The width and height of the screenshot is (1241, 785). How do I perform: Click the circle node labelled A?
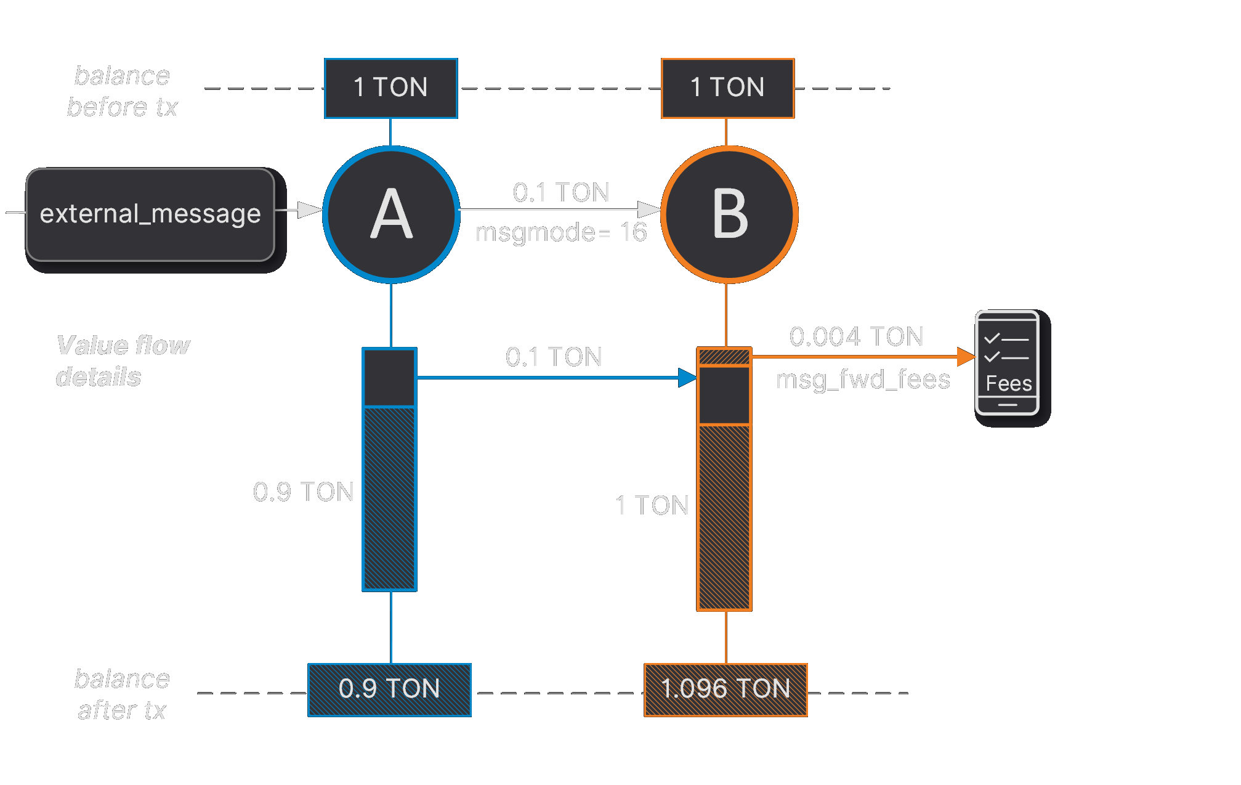pyautogui.click(x=391, y=214)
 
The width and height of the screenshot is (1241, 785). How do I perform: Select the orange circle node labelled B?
pyautogui.click(x=729, y=214)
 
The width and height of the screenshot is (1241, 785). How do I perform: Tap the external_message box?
pyautogui.click(x=150, y=214)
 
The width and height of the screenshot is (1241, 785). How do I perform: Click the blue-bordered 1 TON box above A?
pyautogui.click(x=391, y=88)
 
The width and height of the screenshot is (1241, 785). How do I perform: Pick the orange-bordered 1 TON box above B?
pyautogui.click(x=728, y=88)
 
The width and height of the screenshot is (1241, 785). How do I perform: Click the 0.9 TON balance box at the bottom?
pyautogui.click(x=390, y=690)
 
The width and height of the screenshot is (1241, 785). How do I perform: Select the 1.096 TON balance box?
pyautogui.click(x=726, y=690)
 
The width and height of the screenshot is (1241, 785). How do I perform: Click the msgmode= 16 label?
pyautogui.click(x=561, y=232)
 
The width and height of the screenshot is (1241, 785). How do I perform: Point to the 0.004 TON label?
pyautogui.click(x=856, y=336)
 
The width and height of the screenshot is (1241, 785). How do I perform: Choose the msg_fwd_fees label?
pyautogui.click(x=863, y=380)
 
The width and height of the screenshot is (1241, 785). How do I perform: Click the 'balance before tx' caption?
pyautogui.click(x=123, y=91)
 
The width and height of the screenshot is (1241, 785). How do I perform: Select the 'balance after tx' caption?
pyautogui.click(x=122, y=694)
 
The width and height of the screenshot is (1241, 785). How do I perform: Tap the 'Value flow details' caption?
pyautogui.click(x=123, y=361)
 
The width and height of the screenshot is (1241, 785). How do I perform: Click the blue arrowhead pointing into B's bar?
pyautogui.click(x=687, y=378)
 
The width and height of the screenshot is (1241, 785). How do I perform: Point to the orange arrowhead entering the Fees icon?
pyautogui.click(x=966, y=356)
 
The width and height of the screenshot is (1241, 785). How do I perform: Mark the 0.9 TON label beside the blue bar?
pyautogui.click(x=303, y=492)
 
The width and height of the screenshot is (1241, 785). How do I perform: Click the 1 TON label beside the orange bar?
pyautogui.click(x=652, y=505)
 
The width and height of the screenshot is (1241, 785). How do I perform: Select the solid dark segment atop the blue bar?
pyautogui.click(x=389, y=378)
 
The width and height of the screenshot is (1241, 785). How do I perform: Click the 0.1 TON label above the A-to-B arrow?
pyautogui.click(x=561, y=192)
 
